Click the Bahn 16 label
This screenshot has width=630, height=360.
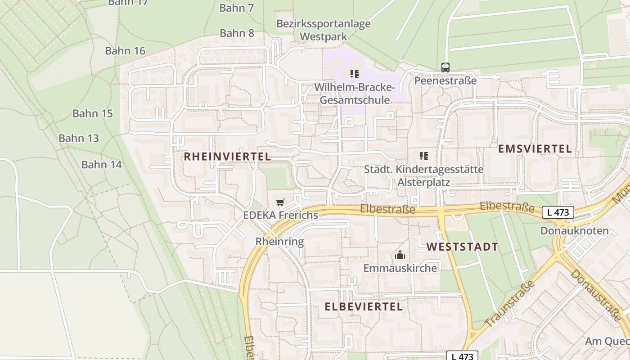(x=125, y=51)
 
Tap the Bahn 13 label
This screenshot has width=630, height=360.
(x=79, y=138)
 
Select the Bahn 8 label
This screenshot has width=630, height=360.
(x=237, y=33)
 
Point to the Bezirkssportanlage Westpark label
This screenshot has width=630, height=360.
(x=324, y=30)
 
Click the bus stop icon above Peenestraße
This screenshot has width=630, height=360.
(x=445, y=67)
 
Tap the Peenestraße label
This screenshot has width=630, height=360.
(x=445, y=81)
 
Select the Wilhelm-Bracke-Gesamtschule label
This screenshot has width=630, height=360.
(x=355, y=93)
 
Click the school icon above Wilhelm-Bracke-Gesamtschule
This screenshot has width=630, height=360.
(x=355, y=73)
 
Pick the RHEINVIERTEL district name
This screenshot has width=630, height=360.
(x=227, y=157)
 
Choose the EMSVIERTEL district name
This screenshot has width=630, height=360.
(x=535, y=149)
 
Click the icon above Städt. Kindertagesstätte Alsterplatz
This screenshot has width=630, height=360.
(x=423, y=156)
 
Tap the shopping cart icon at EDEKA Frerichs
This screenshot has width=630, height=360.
(x=280, y=202)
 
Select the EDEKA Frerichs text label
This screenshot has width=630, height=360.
(x=280, y=215)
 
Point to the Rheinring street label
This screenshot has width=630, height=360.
(x=279, y=242)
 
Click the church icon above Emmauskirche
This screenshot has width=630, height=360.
(x=400, y=255)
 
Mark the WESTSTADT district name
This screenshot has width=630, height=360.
(x=462, y=247)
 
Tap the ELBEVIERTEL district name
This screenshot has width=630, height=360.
(x=364, y=307)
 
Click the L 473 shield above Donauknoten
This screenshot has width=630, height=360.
(x=558, y=212)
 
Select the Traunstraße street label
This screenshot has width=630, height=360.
(x=510, y=304)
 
